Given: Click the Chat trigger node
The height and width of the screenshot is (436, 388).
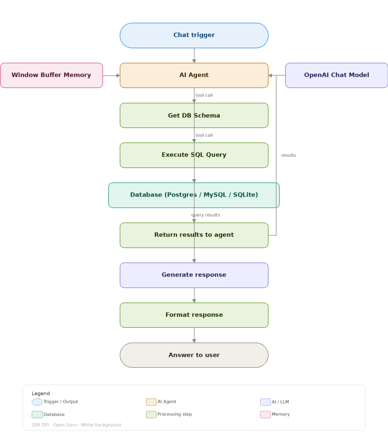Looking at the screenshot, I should [194, 35].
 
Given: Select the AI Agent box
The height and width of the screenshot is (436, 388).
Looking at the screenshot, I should [194, 75].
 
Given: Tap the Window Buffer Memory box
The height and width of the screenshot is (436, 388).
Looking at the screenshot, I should [51, 75].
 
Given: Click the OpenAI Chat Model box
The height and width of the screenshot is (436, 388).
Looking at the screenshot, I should [336, 75].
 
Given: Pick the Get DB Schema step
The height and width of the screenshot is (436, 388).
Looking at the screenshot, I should [194, 115].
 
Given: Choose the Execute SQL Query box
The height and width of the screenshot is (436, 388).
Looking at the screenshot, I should [194, 155].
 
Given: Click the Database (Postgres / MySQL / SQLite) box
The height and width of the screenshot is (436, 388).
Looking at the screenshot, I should [194, 195].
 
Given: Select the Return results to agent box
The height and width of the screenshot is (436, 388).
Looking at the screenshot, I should [194, 235].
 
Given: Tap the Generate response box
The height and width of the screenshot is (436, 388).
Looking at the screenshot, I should [194, 275].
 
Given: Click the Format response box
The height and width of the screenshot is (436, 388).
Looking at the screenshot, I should [194, 315].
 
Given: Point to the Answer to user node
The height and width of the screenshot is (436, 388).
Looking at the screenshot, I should [194, 355].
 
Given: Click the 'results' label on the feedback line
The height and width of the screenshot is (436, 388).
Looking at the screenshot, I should [288, 155].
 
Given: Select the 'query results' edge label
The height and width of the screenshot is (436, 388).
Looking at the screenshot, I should [206, 215].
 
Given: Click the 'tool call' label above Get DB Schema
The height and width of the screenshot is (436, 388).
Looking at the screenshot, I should [204, 95].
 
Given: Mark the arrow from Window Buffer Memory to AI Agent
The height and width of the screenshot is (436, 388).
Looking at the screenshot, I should [111, 75].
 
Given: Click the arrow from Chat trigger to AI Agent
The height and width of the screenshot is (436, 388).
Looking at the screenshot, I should [194, 55].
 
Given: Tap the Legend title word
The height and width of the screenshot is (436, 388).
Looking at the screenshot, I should [40, 393].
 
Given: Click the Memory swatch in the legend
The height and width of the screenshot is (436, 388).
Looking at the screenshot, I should [265, 414].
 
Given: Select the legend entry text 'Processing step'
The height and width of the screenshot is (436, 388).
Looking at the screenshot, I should [175, 414].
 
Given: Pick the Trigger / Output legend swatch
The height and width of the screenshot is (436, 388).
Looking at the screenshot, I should [37, 402].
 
